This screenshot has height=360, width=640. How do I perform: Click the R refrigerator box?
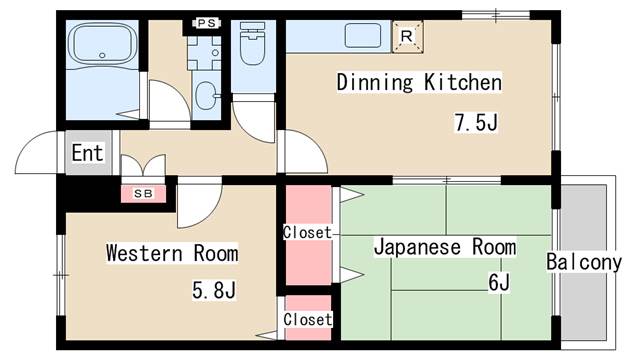click(x=406, y=36)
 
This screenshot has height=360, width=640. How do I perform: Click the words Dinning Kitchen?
click(x=418, y=82)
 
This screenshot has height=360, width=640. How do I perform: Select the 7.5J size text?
click(x=477, y=124)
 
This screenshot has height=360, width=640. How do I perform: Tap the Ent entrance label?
click(x=87, y=153)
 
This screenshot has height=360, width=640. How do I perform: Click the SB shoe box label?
click(x=143, y=193)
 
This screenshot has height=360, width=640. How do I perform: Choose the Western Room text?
click(x=158, y=253)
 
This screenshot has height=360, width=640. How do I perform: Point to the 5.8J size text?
click(x=214, y=291)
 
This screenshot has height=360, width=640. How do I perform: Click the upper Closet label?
click(x=306, y=232)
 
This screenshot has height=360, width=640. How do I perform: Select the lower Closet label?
click(x=306, y=319)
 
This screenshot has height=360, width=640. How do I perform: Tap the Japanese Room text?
click(x=445, y=246)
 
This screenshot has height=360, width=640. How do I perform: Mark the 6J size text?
click(x=499, y=283)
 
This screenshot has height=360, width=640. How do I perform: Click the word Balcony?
click(x=584, y=263)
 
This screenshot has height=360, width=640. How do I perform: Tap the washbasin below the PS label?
click(x=207, y=96)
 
